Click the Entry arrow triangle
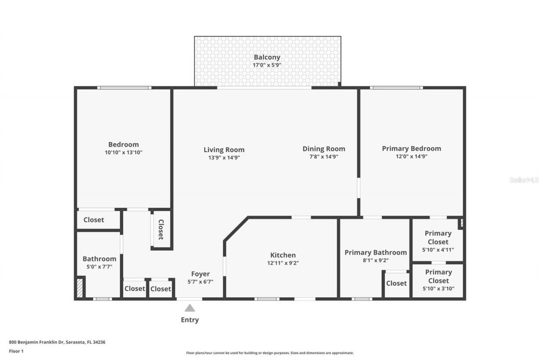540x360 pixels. click(x=190, y=308)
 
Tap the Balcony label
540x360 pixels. click(x=267, y=57)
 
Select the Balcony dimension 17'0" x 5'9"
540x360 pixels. click(x=267, y=65)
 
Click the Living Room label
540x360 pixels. click(x=224, y=150)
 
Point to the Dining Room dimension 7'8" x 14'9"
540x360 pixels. click(x=324, y=157)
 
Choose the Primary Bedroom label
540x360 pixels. click(x=411, y=149)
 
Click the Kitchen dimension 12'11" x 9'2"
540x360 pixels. click(x=283, y=263)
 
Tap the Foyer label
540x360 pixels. click(x=200, y=274)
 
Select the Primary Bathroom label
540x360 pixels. click(x=375, y=252)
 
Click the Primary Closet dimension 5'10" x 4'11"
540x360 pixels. click(x=438, y=249)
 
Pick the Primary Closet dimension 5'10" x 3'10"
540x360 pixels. click(x=438, y=289)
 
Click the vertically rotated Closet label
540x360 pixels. click(x=161, y=230)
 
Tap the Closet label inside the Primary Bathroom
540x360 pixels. click(x=396, y=283)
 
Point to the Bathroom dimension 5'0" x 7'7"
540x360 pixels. click(x=99, y=267)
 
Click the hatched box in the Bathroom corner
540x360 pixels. click(x=80, y=287)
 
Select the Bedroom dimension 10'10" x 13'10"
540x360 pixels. click(x=123, y=152)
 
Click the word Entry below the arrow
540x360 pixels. click(x=190, y=320)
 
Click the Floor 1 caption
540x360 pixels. click(x=16, y=351)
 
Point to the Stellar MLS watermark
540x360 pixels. click(x=524, y=180)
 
